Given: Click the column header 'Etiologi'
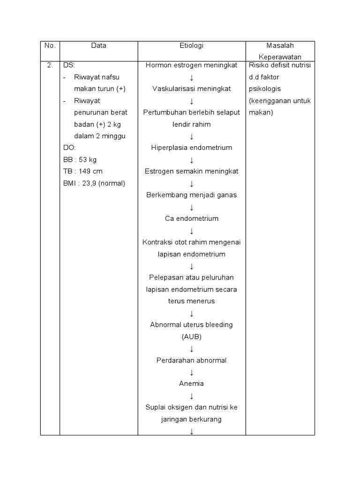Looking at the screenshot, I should point(191,46).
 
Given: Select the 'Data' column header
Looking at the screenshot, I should point(98,46).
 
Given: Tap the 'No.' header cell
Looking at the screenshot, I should point(50,46).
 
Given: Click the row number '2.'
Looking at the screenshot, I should point(50,65).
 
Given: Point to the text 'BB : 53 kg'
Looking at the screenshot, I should point(80,160).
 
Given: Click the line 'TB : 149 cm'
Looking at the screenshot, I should point(82,172).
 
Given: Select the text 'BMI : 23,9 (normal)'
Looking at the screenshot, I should point(94,183).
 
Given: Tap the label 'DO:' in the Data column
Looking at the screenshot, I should point(69,148).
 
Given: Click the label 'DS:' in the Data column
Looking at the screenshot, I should point(69,65).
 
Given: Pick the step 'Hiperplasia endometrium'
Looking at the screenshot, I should point(191,148).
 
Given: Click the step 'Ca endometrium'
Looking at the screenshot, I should point(191,218).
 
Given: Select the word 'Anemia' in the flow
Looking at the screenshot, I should point(191,383).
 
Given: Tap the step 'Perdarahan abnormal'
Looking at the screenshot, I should point(191,360).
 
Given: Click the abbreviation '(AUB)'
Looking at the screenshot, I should point(191,337).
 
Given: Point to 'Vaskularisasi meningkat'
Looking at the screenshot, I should point(191,89).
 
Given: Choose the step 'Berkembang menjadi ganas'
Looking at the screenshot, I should point(191,195).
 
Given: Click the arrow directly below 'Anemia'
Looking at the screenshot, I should point(191,396).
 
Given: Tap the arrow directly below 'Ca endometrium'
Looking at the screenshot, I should point(191,231).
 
